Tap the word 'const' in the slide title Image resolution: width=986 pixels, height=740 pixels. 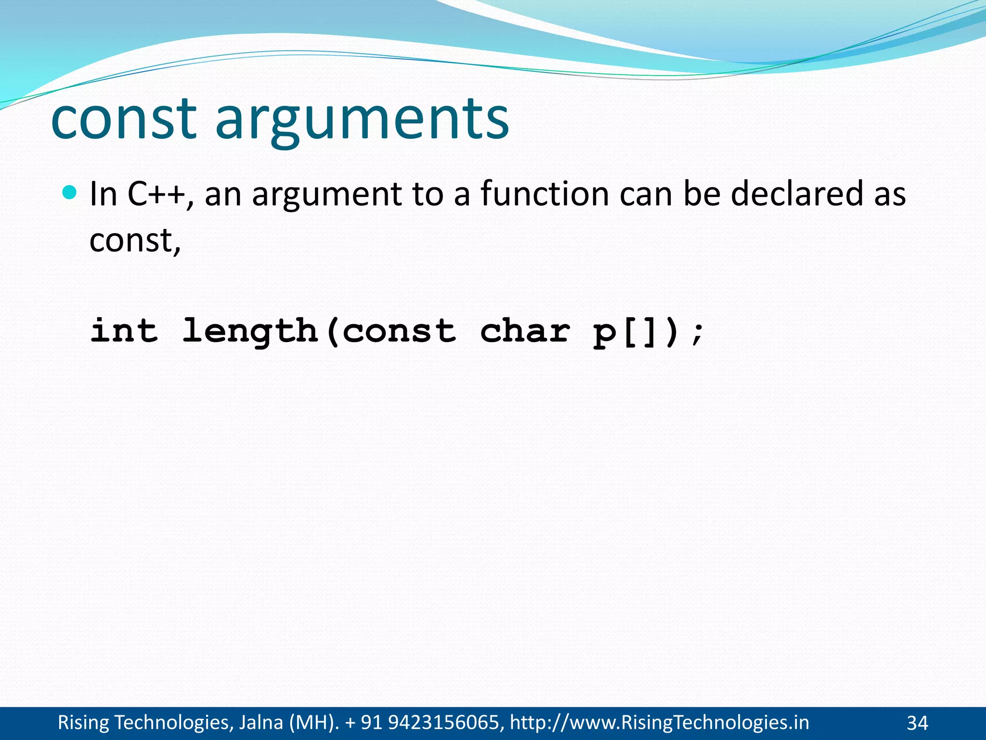[x=124, y=120]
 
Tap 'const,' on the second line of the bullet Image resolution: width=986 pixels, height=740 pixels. [x=135, y=240]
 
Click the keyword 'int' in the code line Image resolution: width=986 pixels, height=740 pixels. [x=124, y=331]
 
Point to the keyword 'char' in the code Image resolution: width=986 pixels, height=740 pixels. [x=525, y=331]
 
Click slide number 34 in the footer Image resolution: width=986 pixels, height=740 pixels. [x=917, y=723]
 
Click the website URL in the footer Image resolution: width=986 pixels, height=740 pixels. [x=659, y=723]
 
